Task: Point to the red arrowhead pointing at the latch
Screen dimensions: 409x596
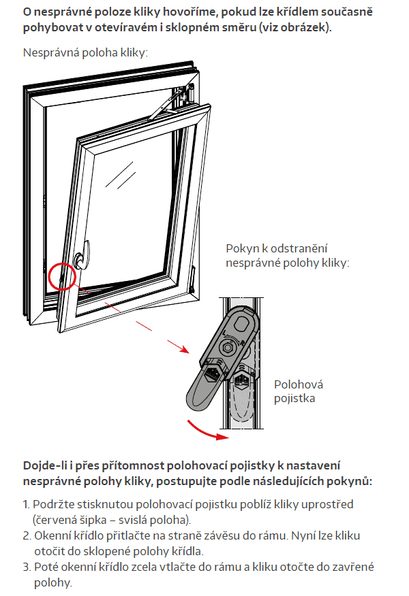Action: click(184, 349)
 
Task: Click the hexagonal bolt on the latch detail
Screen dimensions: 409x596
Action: click(228, 347)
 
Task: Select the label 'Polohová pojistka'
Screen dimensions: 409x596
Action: click(299, 391)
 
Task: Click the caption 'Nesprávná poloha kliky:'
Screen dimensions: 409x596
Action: click(85, 52)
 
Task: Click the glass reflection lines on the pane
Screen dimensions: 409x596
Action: click(121, 176)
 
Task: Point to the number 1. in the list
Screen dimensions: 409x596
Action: click(27, 504)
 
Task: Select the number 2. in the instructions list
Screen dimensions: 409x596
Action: click(27, 535)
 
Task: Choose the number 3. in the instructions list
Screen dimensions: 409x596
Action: click(27, 567)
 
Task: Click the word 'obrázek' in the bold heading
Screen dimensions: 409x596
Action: click(303, 27)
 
